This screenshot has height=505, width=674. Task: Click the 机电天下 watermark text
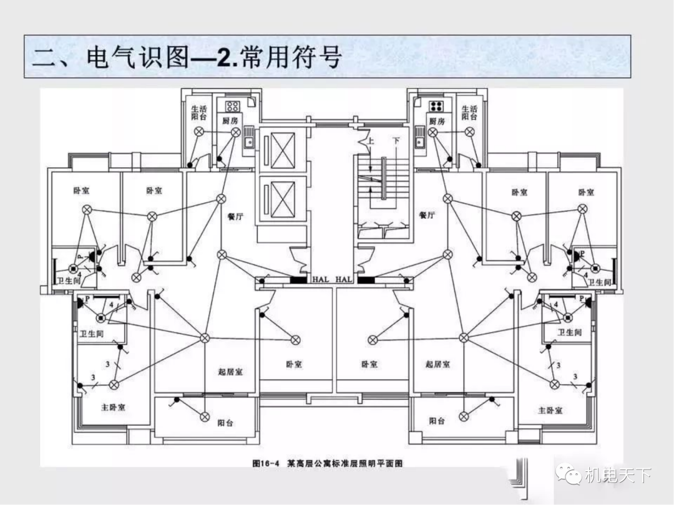point(618,476)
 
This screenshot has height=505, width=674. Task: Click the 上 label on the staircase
point(371,142)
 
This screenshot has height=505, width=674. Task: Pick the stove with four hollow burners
point(233,105)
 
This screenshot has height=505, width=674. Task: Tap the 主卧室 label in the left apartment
point(113,408)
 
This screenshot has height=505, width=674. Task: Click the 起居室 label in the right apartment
point(437,364)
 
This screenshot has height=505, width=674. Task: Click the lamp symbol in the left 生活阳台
point(199,132)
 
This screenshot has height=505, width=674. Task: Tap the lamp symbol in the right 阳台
point(462,416)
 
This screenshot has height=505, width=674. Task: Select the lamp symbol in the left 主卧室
point(114,384)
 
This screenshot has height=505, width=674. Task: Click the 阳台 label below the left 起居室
point(225,422)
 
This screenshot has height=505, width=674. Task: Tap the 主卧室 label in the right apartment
point(550,410)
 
